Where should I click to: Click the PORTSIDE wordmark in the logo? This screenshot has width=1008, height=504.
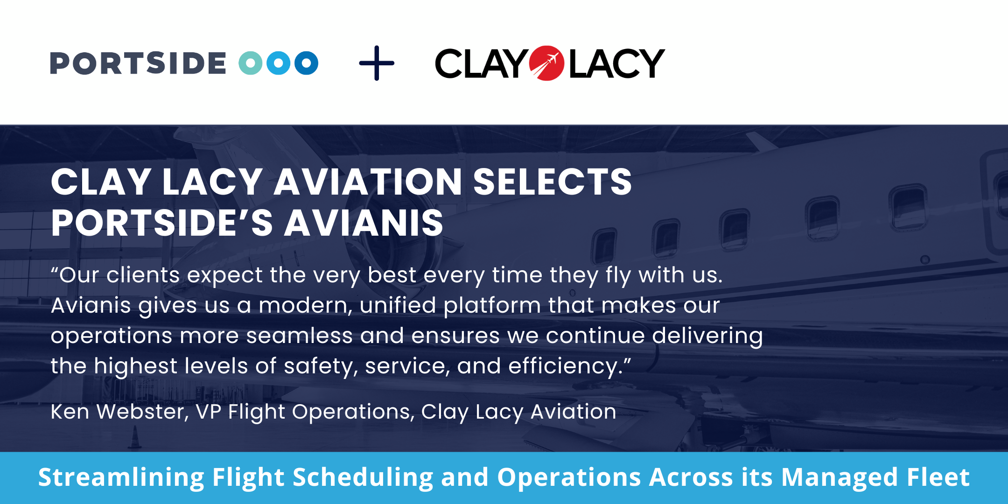[138, 63]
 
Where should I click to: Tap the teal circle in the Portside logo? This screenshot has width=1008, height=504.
[251, 63]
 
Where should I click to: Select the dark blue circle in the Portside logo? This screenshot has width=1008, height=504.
[307, 63]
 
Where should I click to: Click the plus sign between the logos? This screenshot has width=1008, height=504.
[377, 63]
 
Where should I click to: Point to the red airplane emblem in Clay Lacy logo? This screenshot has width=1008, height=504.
[547, 63]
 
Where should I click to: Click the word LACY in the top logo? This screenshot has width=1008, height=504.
[617, 63]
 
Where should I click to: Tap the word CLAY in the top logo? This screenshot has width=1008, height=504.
[481, 63]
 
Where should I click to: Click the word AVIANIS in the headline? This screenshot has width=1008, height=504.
[364, 223]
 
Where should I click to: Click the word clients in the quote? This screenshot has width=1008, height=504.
[143, 275]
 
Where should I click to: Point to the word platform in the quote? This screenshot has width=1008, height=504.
[492, 306]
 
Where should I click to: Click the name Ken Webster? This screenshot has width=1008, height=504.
[119, 412]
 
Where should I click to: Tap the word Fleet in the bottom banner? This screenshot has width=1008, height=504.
[938, 477]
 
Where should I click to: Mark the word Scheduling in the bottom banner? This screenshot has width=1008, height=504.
[363, 478]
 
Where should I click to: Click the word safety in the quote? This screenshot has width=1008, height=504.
[321, 367]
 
